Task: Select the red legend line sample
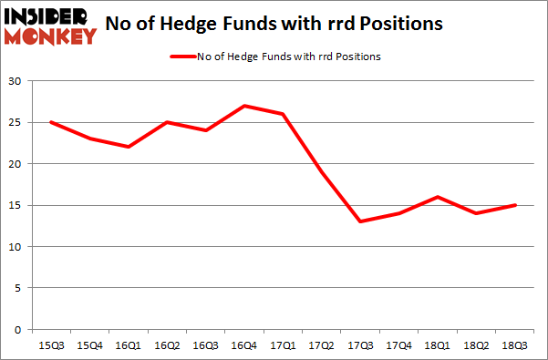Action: click(x=182, y=57)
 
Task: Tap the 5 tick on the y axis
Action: click(x=17, y=288)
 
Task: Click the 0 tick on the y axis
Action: click(x=17, y=329)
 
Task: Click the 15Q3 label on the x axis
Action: click(x=50, y=345)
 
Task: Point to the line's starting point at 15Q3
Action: click(x=50, y=122)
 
